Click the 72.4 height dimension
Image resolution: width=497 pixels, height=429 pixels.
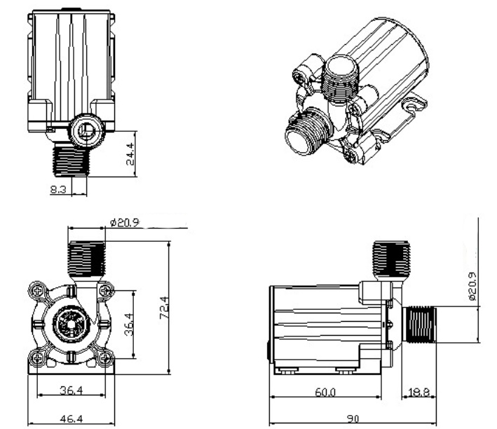tap(163, 306)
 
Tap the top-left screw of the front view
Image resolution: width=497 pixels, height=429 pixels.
tap(36, 288)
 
